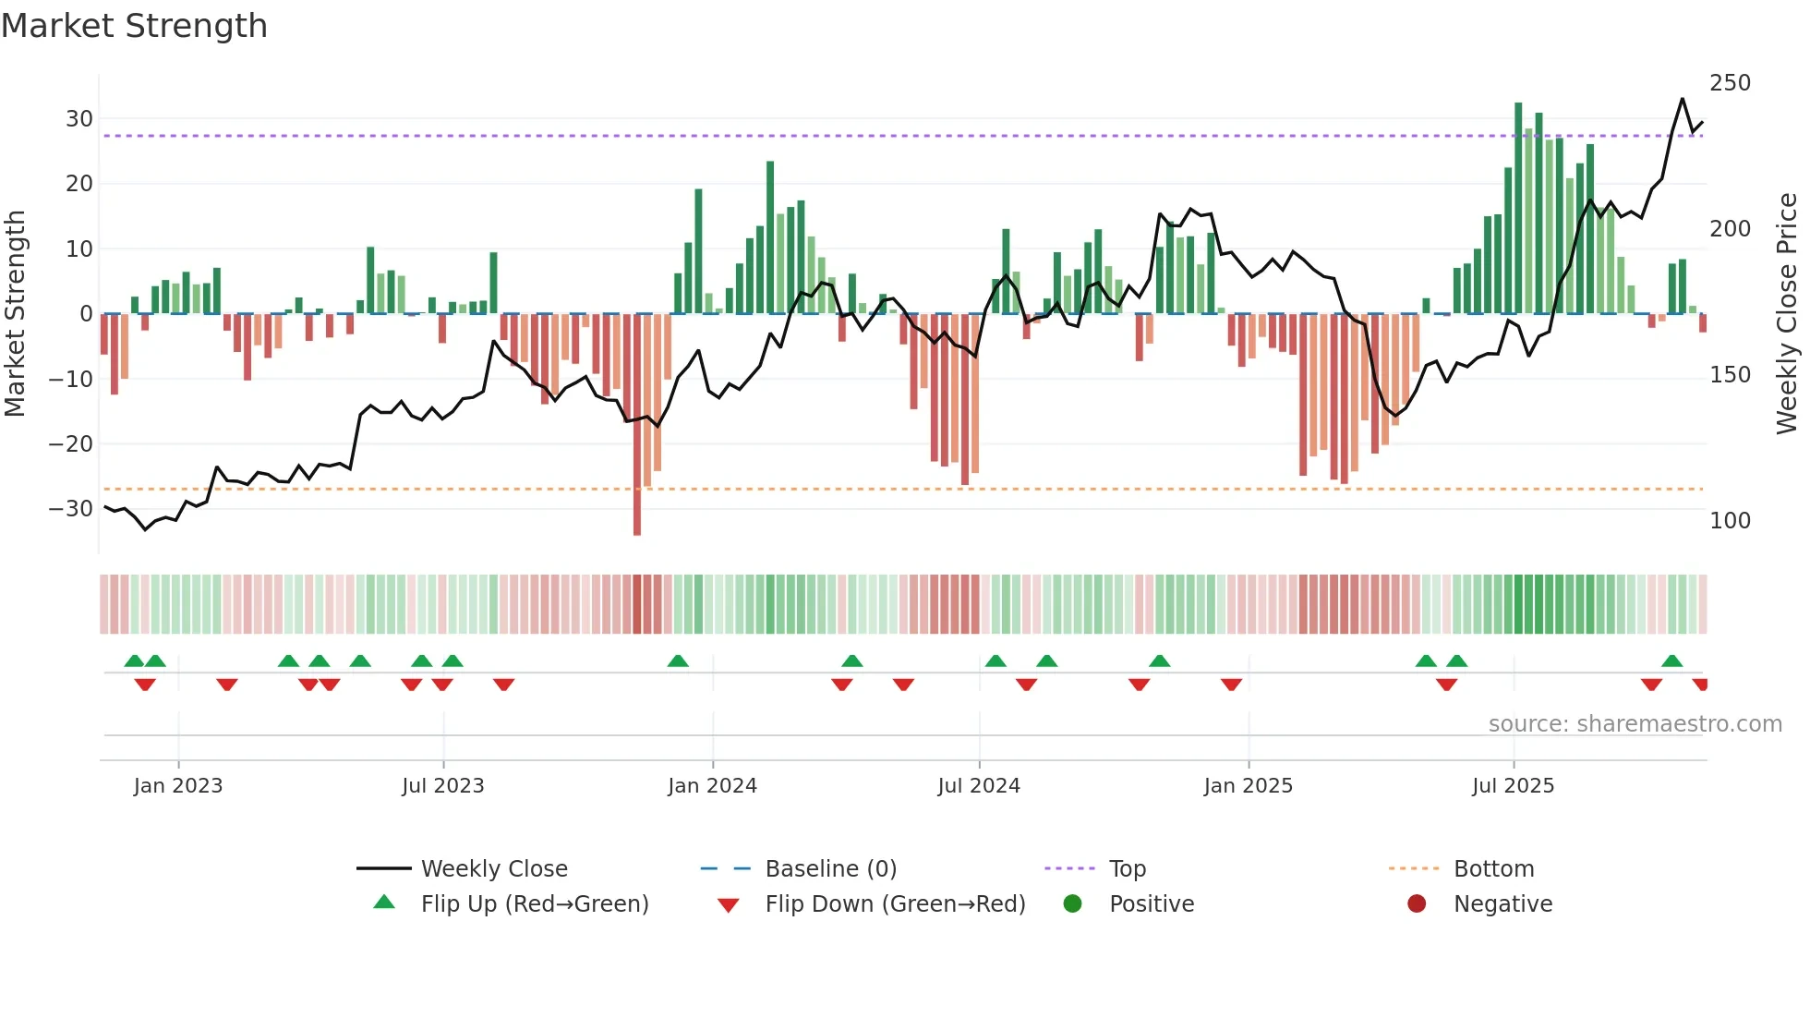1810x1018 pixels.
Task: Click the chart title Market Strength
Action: coord(134,26)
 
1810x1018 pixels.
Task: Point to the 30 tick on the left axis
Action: coord(79,119)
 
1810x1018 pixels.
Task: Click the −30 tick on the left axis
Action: coord(72,509)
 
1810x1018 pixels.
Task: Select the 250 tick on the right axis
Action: coord(1730,83)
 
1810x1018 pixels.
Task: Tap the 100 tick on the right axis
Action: coord(1730,521)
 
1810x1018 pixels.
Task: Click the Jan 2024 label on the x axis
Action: coord(712,786)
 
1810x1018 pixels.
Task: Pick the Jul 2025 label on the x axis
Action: coord(1513,786)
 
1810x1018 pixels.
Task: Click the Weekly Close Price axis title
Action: coord(1787,314)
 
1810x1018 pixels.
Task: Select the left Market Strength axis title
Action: coord(15,314)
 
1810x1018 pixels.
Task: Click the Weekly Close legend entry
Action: coord(494,869)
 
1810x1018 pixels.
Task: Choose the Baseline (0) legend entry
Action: coord(830,869)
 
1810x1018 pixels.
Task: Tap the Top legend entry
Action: coord(1127,869)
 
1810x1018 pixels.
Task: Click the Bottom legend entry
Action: coord(1493,869)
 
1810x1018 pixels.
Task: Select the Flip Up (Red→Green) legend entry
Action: coord(534,904)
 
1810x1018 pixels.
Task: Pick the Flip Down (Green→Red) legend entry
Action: coord(895,904)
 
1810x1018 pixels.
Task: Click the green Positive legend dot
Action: coord(1072,904)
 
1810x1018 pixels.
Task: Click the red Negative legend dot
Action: coord(1417,904)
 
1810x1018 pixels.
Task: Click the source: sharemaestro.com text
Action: coord(1635,724)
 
